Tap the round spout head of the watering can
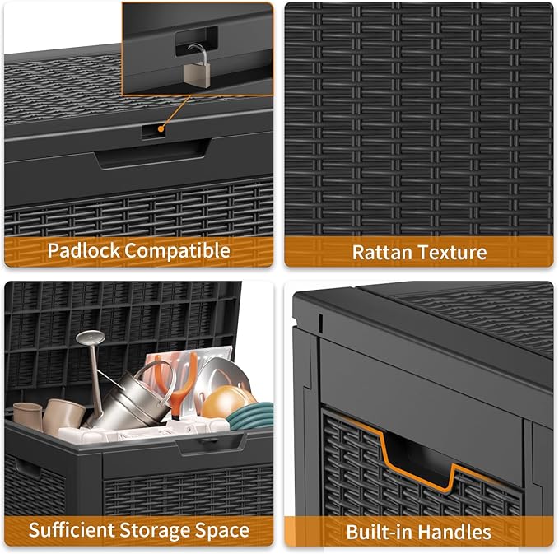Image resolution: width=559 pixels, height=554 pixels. click(90, 338)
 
